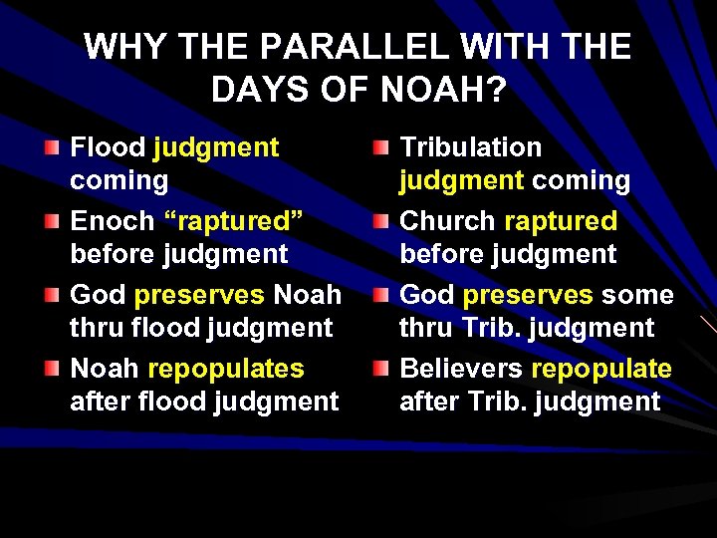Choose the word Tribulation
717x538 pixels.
pyautogui.click(x=470, y=147)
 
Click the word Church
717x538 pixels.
pyautogui.click(x=447, y=221)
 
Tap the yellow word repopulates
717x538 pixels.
pyautogui.click(x=225, y=369)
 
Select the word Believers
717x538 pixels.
pyautogui.click(x=460, y=369)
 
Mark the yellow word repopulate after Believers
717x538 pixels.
pyautogui.click(x=601, y=369)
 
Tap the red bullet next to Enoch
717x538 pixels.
pyautogui.click(x=51, y=221)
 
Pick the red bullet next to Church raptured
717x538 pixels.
pyautogui.click(x=380, y=221)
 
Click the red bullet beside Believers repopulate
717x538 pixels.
pyautogui.click(x=380, y=369)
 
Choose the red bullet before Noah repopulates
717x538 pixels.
pyautogui.click(x=51, y=369)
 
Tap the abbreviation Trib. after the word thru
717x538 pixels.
pyautogui.click(x=487, y=328)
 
